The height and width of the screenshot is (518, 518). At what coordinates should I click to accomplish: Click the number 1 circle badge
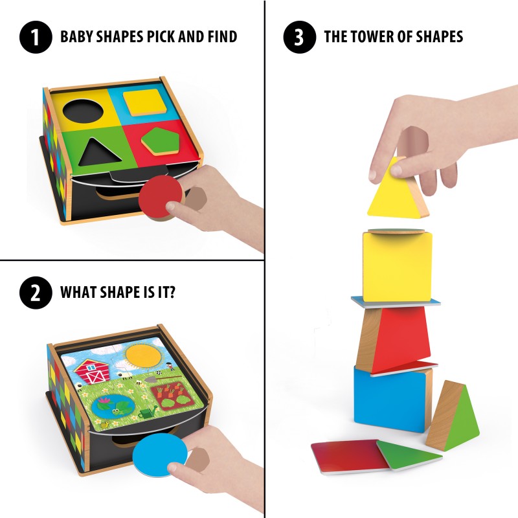(36, 37)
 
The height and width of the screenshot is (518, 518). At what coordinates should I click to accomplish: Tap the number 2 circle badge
(36, 293)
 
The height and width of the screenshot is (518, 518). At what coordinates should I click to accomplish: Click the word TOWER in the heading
(379, 37)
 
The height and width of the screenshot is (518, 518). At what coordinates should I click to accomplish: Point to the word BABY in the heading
(78, 37)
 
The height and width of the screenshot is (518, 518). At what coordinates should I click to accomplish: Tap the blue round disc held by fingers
(159, 456)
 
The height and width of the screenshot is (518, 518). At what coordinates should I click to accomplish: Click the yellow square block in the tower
(396, 265)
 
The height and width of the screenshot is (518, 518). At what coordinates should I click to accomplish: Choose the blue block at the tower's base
(389, 398)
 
